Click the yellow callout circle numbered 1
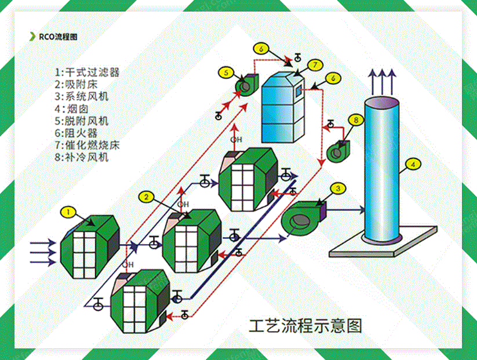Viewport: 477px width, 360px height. tap(68, 212)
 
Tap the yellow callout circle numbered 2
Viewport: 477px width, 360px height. tap(147, 197)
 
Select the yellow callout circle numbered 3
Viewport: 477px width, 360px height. tap(339, 188)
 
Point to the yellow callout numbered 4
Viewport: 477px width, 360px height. tap(412, 164)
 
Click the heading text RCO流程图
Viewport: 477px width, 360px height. tap(58, 37)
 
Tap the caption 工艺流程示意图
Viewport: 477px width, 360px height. tap(305, 326)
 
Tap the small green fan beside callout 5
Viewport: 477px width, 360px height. tap(246, 85)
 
